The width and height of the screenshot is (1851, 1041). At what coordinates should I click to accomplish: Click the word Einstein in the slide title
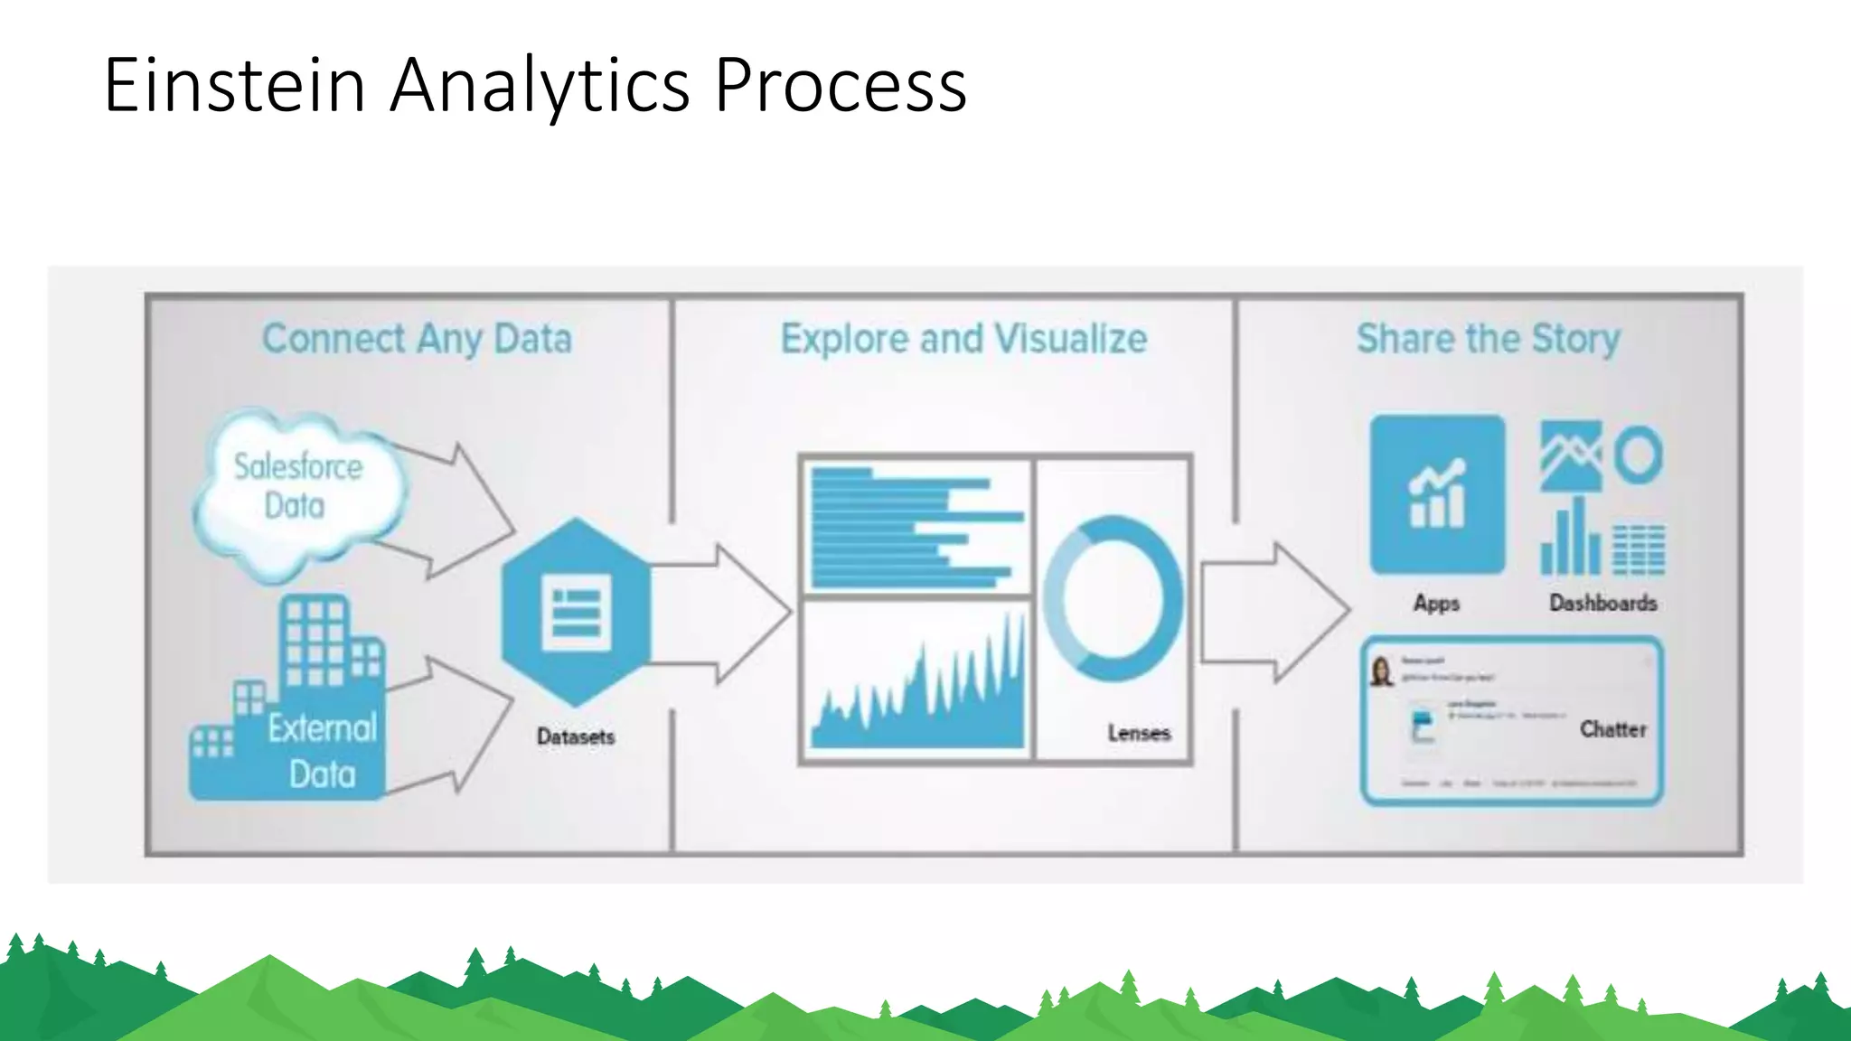(x=234, y=85)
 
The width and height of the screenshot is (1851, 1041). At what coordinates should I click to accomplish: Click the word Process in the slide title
(x=840, y=85)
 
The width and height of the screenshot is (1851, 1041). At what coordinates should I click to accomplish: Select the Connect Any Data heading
(x=417, y=339)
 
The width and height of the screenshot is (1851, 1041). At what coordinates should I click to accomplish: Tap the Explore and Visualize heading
(x=963, y=339)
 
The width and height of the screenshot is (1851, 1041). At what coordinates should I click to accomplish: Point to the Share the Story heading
(x=1489, y=339)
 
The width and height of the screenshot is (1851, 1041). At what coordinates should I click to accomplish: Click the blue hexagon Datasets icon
(x=576, y=612)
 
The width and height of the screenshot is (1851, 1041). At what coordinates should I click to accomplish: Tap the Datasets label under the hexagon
(x=576, y=736)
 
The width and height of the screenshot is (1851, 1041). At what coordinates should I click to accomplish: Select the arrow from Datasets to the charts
(x=723, y=614)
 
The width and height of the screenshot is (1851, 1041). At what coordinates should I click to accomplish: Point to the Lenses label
(x=1139, y=733)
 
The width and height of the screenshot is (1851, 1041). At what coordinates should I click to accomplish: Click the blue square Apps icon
(x=1437, y=494)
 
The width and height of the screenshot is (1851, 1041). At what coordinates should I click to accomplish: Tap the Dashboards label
(x=1603, y=603)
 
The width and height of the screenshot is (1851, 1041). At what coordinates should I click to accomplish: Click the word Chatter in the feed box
(x=1612, y=729)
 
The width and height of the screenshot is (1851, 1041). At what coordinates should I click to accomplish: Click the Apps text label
(x=1436, y=603)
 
